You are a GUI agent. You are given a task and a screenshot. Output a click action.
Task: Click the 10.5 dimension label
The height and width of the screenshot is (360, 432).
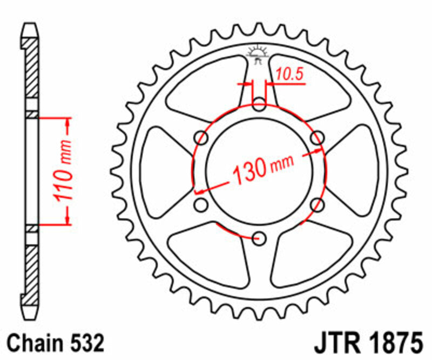pos(289,75)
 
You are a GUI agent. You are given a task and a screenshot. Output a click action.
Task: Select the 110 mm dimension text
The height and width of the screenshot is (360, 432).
pos(63,170)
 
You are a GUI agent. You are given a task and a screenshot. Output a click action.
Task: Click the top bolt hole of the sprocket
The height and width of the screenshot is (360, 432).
pos(260,104)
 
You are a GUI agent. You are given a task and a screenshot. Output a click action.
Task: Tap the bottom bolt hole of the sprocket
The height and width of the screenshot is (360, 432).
pos(260,237)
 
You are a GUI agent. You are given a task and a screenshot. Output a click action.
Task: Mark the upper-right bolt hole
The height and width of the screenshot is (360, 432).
pos(318,137)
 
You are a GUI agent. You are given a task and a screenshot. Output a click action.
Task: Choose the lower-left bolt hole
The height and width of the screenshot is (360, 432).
pos(201,204)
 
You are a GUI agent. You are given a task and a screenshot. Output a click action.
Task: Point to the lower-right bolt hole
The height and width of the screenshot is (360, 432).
pos(318,204)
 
